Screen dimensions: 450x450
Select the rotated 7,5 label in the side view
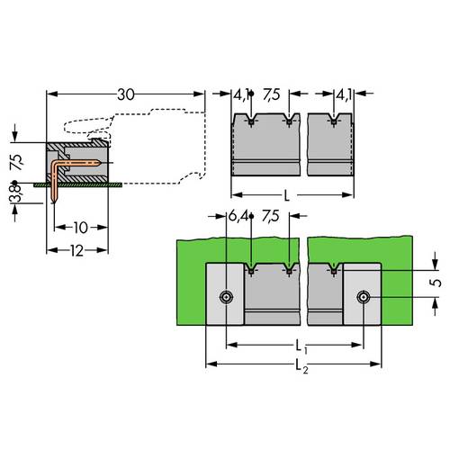pos(15,161)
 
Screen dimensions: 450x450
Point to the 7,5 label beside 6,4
pos(270,216)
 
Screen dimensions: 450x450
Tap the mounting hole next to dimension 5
pos(363,297)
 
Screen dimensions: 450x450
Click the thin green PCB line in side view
pos(81,183)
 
